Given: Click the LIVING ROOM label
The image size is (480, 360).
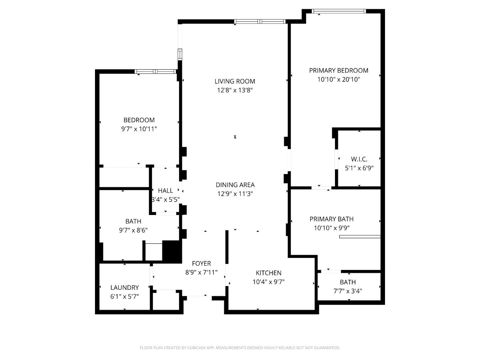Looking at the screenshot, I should coord(235,81).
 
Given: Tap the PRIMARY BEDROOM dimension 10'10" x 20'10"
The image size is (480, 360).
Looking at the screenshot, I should coord(339,79).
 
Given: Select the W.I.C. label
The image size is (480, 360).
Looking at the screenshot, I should coord(359,159).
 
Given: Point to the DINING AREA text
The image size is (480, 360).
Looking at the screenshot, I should coord(235,185).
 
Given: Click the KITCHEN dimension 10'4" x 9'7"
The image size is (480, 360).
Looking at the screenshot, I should coord(268,282).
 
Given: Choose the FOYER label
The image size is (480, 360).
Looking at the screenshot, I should coord(201,263).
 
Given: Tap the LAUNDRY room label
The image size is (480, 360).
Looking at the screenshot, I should coord(124,287).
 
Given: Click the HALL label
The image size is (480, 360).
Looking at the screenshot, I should coord(165,191).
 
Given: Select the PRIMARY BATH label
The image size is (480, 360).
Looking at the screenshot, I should coord(331,219).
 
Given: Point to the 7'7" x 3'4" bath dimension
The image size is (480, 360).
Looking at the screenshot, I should coord(348,291).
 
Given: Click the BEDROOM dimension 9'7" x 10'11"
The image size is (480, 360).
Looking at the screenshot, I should coord(139,129).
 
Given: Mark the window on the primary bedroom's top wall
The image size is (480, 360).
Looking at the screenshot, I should coord(339,11).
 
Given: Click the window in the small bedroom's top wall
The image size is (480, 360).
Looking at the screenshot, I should coord(155,71).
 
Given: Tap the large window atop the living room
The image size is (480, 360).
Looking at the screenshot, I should coord(260,22).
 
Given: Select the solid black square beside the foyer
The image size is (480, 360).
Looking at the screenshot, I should coord(172,251).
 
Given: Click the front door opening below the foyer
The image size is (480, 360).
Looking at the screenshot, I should coord(199,296).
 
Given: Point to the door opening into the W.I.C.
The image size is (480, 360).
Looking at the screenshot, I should coord(336,159).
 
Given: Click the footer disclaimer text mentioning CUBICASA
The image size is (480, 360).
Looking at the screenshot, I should coord(240,348).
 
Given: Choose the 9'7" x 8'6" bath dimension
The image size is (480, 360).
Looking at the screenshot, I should coord(133,230).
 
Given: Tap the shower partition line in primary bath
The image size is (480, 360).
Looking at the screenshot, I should coord(360,237).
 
